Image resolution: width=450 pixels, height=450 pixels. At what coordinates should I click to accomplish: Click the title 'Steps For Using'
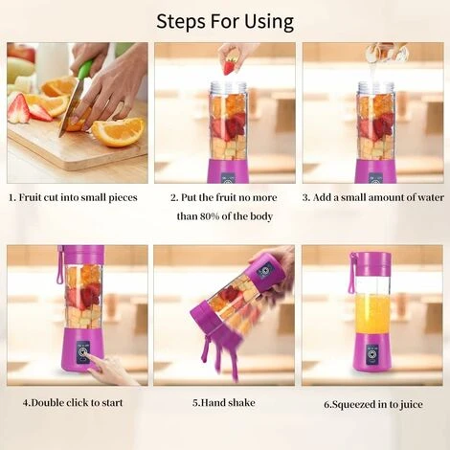point(225,20)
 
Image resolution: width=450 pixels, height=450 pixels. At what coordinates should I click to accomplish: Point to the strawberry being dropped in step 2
point(230,66)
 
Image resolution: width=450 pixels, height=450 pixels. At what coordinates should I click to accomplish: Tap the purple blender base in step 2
point(228,171)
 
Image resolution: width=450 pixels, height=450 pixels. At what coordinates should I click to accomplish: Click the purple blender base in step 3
point(374,171)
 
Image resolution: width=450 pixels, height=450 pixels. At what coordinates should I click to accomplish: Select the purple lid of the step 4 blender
point(84,255)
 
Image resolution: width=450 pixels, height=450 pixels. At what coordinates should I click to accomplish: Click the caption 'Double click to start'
point(73,403)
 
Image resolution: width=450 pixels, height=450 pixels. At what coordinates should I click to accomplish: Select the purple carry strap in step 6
point(352,275)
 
